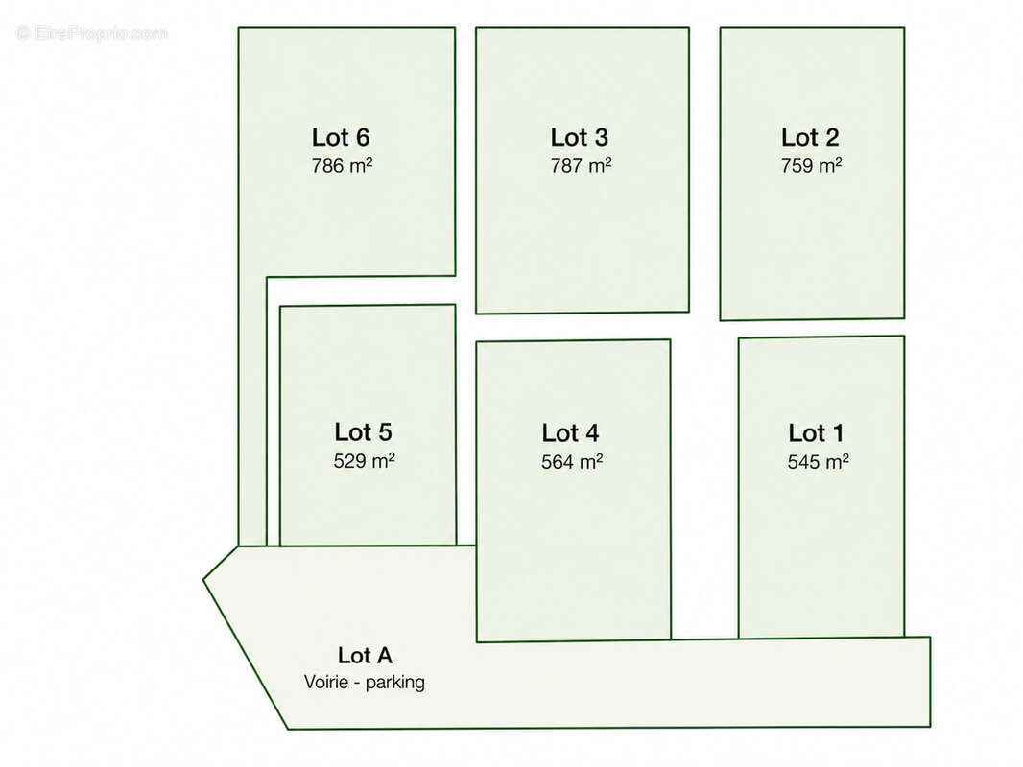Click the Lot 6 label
(x=341, y=137)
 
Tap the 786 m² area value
(x=342, y=166)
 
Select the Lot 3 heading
(x=580, y=137)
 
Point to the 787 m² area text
(x=581, y=166)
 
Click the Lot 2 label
(x=810, y=137)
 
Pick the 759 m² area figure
(x=811, y=166)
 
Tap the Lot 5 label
(x=364, y=432)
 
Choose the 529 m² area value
(x=364, y=461)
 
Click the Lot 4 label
(x=570, y=433)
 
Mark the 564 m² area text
(x=572, y=462)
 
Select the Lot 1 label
(x=816, y=433)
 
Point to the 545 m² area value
(x=819, y=462)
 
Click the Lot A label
(x=365, y=656)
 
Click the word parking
(x=395, y=683)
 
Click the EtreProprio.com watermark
(x=91, y=33)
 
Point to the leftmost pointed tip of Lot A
(x=202, y=579)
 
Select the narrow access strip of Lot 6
(x=252, y=410)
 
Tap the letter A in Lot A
(x=383, y=656)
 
